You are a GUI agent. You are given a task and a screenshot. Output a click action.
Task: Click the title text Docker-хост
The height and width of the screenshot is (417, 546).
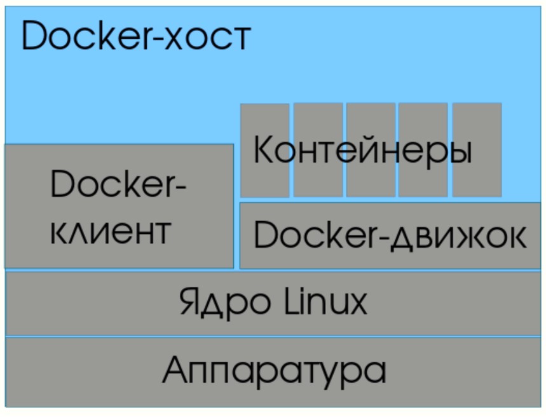coord(136,36)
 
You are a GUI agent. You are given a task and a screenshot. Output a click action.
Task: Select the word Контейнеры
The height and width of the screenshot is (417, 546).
coord(362,151)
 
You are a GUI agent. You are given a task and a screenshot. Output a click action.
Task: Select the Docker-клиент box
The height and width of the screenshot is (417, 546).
coord(119,206)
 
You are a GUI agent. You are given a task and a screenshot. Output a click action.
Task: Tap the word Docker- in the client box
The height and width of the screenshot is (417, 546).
coord(118,186)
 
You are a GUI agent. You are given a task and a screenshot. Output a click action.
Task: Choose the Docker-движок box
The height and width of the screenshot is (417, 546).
coord(390,236)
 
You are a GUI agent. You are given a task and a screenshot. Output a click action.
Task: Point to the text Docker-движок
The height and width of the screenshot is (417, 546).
coord(390,236)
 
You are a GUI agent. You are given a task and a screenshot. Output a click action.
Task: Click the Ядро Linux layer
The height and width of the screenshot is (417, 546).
coord(273,303)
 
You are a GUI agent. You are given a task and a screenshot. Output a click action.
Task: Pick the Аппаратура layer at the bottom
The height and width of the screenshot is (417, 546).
coord(273,372)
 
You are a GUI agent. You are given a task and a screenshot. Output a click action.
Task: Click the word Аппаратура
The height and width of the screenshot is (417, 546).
coord(274,370)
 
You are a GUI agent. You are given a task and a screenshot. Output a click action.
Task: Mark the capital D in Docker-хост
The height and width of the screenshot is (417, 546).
coord(35,36)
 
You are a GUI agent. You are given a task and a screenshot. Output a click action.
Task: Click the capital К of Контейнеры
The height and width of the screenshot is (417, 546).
coord(264,151)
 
